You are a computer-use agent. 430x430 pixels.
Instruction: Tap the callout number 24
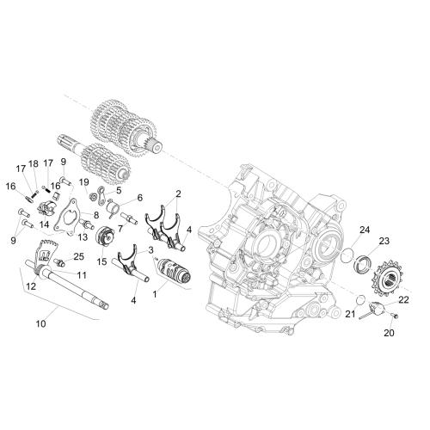tap(365, 230)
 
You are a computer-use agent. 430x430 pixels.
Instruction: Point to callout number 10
tap(40, 323)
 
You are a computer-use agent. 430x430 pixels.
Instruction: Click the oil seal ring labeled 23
tap(363, 264)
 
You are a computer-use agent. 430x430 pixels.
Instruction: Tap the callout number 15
tap(101, 261)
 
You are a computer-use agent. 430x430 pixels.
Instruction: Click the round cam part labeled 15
tap(103, 236)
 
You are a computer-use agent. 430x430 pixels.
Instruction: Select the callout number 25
tap(79, 256)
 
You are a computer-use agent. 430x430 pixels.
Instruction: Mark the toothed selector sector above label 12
tap(46, 252)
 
